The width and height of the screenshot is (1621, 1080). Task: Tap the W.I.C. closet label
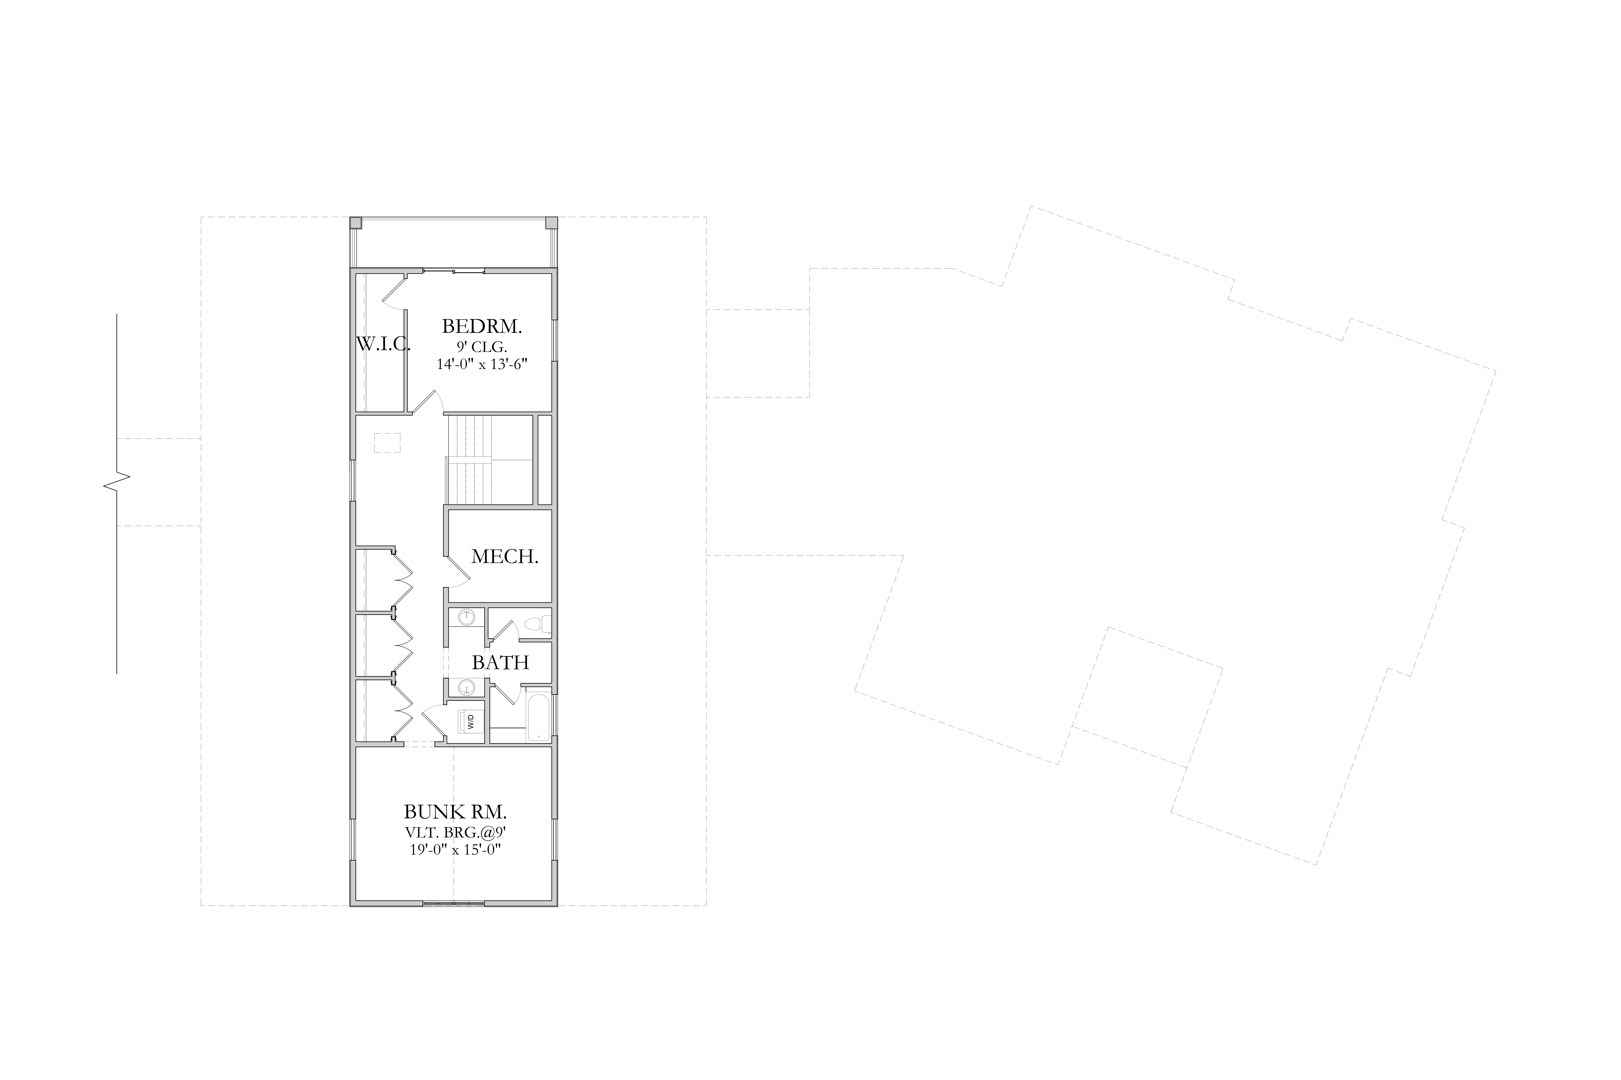383,344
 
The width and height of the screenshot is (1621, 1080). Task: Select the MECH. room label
505,556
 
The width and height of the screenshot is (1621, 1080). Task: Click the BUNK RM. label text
455,811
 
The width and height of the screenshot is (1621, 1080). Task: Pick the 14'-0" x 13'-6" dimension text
482,364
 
